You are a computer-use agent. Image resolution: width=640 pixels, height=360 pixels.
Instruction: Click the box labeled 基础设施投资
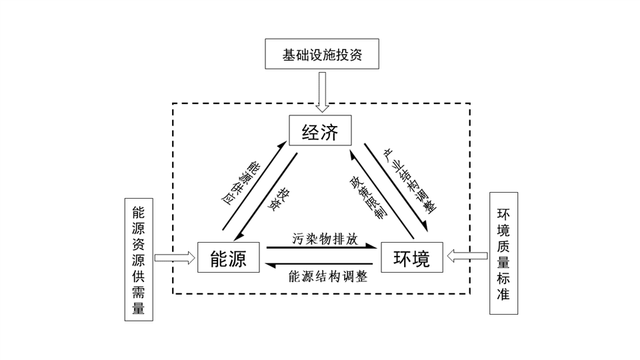pyautogui.click(x=322, y=54)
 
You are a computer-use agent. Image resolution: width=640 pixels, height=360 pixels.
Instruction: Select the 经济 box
pyautogui.click(x=320, y=130)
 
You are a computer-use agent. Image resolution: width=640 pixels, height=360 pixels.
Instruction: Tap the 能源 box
pyautogui.click(x=229, y=257)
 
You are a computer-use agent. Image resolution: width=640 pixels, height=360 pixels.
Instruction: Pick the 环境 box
pyautogui.click(x=412, y=257)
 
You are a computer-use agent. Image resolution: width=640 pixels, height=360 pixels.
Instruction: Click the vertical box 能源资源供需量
pyautogui.click(x=139, y=259)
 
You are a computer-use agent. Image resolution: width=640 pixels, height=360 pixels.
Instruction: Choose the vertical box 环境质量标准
pyautogui.click(x=504, y=253)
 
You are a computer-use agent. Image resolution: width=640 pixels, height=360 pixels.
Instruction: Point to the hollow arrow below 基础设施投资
pyautogui.click(x=323, y=92)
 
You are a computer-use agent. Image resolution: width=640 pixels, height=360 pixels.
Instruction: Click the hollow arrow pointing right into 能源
pyautogui.click(x=175, y=257)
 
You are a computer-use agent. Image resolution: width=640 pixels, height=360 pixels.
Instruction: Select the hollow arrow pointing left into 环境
pyautogui.click(x=467, y=256)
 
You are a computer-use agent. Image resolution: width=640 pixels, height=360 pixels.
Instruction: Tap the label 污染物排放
pyautogui.click(x=325, y=239)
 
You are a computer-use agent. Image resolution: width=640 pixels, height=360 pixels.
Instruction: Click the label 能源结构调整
pyautogui.click(x=328, y=276)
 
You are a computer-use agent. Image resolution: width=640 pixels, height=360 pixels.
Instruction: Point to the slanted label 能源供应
pyautogui.click(x=241, y=183)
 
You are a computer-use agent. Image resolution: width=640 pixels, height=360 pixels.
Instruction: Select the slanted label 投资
pyautogui.click(x=279, y=199)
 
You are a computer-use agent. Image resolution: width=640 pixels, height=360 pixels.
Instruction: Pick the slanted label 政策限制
pyautogui.click(x=368, y=197)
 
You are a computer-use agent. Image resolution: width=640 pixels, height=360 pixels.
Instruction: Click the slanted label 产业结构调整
pyautogui.click(x=410, y=181)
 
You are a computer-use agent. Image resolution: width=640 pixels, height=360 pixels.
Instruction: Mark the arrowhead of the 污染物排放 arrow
pyautogui.click(x=371, y=246)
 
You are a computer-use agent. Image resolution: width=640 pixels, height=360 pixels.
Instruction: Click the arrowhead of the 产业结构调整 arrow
pyautogui.click(x=425, y=227)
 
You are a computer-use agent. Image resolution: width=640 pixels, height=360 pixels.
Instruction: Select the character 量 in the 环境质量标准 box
pyautogui.click(x=503, y=261)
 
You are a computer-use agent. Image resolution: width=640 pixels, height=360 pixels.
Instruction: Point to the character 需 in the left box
pyautogui.click(x=139, y=292)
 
